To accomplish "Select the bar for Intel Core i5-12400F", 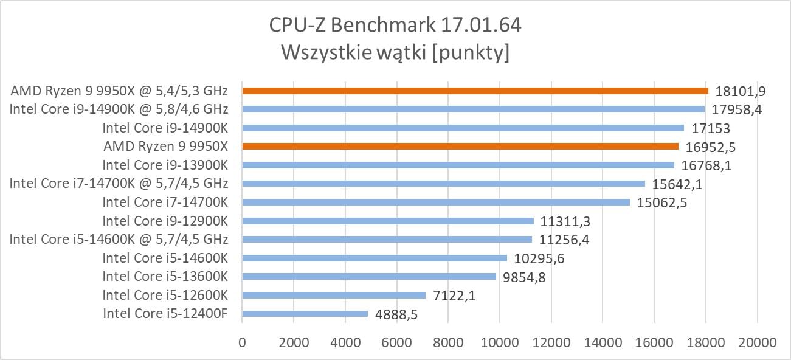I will click(x=305, y=314).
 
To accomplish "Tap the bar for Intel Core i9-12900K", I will click(x=387, y=221).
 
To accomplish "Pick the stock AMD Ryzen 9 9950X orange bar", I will click(x=460, y=146).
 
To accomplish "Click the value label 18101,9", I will click(x=740, y=91).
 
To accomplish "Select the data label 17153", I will click(x=711, y=128).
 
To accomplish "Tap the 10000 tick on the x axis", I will click(x=499, y=342).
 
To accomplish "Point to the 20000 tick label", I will click(x=756, y=342).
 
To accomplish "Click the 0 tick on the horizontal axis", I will click(x=243, y=342).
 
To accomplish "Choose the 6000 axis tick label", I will click(x=396, y=342).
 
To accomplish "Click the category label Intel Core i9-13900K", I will click(x=165, y=165).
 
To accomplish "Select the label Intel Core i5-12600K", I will click(x=165, y=295).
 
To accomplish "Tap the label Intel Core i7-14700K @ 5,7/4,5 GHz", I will click(x=119, y=183).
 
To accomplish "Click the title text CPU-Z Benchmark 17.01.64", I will click(x=395, y=26).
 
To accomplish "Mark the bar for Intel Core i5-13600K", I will click(x=369, y=277).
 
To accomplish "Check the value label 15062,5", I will click(x=662, y=202).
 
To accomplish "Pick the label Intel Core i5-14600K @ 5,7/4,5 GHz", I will click(x=119, y=239).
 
